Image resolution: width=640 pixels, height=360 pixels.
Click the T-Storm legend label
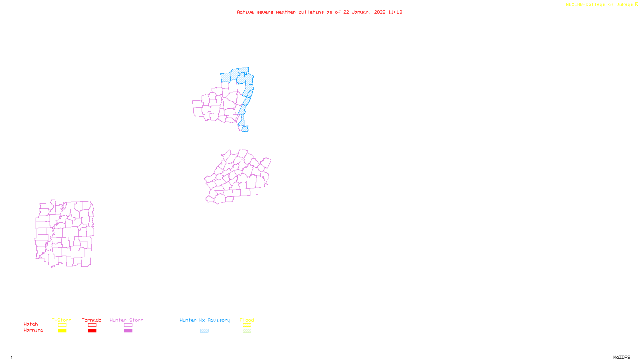pyautogui.click(x=62, y=320)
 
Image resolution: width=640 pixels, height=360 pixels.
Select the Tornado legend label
pyautogui.click(x=92, y=320)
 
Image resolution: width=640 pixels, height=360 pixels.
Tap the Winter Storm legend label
pyautogui.click(x=126, y=320)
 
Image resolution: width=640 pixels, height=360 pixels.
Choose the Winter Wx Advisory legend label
pyautogui.click(x=205, y=320)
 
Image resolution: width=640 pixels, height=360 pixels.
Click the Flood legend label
pyautogui.click(x=247, y=320)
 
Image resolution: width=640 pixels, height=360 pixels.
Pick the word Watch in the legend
pyautogui.click(x=31, y=324)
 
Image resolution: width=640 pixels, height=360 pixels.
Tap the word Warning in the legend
pyautogui.click(x=33, y=330)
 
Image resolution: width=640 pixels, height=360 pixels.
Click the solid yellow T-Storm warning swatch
pyautogui.click(x=62, y=331)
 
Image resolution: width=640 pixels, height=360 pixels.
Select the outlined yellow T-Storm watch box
pyautogui.click(x=62, y=325)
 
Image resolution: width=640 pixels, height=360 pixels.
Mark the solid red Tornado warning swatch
pyautogui.click(x=92, y=331)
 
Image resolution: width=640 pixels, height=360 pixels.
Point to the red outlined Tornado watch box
pyautogui.click(x=92, y=325)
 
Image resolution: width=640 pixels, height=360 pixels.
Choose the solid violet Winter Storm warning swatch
pyautogui.click(x=128, y=331)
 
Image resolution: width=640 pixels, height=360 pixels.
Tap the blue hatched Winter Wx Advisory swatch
pyautogui.click(x=204, y=331)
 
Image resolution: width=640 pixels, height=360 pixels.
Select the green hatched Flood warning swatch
pyautogui.click(x=247, y=331)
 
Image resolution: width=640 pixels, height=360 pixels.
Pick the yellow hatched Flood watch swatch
pyautogui.click(x=247, y=325)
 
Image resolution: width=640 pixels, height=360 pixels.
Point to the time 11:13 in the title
pyautogui.click(x=395, y=12)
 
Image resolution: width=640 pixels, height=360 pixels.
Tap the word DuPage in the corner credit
pyautogui.click(x=624, y=5)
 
